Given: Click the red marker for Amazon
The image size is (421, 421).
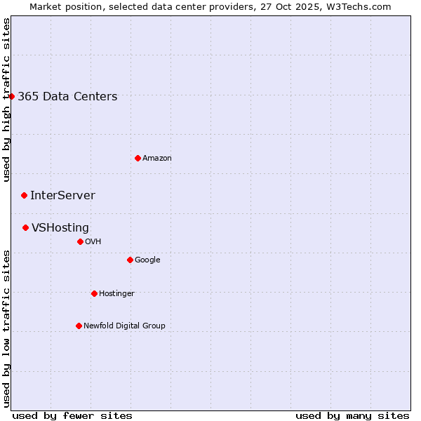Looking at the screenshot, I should click(x=138, y=158).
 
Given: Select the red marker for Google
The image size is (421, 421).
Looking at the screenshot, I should click(x=130, y=260).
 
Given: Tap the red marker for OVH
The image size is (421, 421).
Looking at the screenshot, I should click(x=80, y=241).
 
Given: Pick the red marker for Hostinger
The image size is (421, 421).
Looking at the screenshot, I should click(x=94, y=293).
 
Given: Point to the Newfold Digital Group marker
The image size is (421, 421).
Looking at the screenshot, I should click(x=79, y=326).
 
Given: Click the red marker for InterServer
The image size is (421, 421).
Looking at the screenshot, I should click(x=24, y=195).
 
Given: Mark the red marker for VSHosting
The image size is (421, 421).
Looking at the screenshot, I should click(x=25, y=227).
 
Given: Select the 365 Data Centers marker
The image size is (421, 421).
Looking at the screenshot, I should click(x=12, y=96).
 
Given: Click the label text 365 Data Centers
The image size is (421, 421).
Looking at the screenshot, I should click(x=67, y=97).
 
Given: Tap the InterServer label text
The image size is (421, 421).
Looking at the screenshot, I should click(x=62, y=196).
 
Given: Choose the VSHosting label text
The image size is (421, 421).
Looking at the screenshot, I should click(x=60, y=228).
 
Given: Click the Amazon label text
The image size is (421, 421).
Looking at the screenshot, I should click(x=157, y=159).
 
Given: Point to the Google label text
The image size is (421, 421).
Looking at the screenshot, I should click(x=147, y=260).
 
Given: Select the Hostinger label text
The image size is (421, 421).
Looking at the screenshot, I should click(x=116, y=294).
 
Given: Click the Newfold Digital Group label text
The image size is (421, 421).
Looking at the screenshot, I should click(x=124, y=326).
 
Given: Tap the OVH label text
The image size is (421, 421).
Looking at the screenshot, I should click(x=93, y=242).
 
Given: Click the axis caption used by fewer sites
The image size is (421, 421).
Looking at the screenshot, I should click(x=72, y=415).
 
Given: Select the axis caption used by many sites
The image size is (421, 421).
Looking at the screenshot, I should click(x=352, y=415).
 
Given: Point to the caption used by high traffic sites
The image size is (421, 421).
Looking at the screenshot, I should click(x=6, y=100).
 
